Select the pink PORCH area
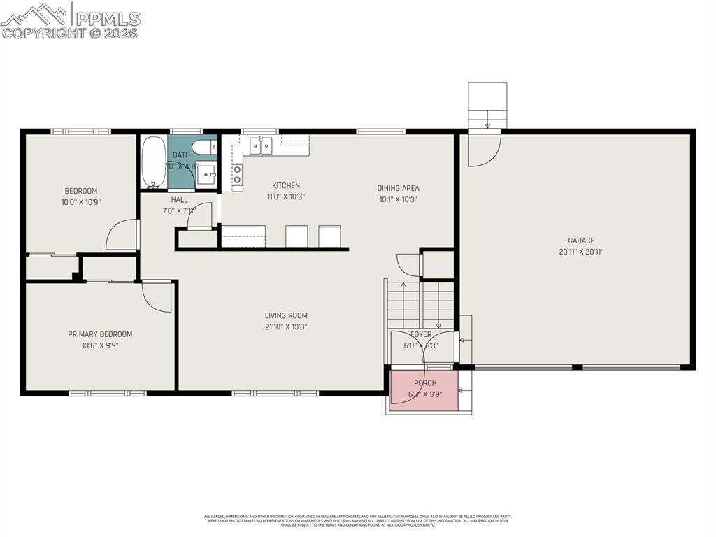point(424,389)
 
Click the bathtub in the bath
point(154,162)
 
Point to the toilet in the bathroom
point(204,147)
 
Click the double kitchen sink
point(261,145)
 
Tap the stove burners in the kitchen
point(237,174)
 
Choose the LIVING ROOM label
point(286,315)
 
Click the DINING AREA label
point(398,188)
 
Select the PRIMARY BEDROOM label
point(100,334)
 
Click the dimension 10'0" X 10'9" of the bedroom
point(81,202)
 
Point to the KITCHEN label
point(286,185)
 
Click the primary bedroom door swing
point(157,296)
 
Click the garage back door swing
point(484,149)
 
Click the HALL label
point(180,199)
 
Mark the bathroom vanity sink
point(206,173)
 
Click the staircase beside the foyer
point(420,304)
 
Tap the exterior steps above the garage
point(487,106)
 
